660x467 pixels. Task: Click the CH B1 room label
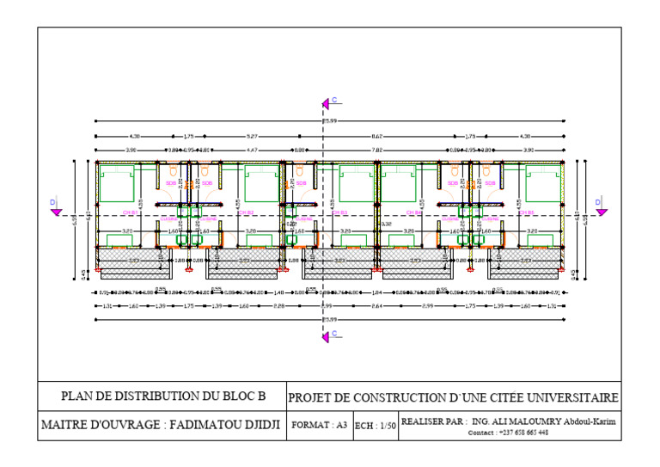pos(131,212)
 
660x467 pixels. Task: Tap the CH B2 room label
pos(245,212)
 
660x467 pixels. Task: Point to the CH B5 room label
pos(526,212)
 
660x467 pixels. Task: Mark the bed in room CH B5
pos(542,183)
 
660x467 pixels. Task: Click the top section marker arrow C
pos(327,103)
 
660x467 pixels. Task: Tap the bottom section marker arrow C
pos(327,336)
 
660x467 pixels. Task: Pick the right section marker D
pos(602,209)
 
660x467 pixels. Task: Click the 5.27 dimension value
pos(251,136)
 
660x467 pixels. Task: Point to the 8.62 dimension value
pos(377,136)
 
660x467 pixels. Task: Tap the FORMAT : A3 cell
pos(320,425)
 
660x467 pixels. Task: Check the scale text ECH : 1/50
pos(376,426)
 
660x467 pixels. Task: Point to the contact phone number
pos(523,433)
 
